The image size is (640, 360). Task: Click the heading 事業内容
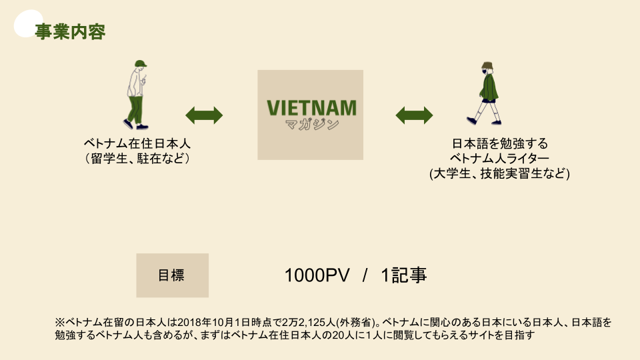tap(69, 32)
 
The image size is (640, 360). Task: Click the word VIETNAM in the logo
tap(311, 107)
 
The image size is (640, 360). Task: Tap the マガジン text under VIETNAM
tap(311, 124)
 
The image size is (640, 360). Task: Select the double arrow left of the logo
tap(204, 115)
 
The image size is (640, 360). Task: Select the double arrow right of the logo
tap(415, 115)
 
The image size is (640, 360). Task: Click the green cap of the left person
tap(139, 63)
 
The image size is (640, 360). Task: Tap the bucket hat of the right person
tap(487, 67)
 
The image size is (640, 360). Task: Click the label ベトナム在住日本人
tap(137, 144)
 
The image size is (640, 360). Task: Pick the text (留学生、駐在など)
tap(137, 159)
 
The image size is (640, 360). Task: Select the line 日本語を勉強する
tap(499, 144)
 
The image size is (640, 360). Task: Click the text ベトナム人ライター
tap(499, 159)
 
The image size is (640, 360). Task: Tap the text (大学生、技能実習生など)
tap(499, 173)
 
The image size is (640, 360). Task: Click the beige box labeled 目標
tap(172, 275)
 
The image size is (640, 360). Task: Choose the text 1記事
tap(404, 275)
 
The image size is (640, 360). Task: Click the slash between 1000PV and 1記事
tap(365, 275)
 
